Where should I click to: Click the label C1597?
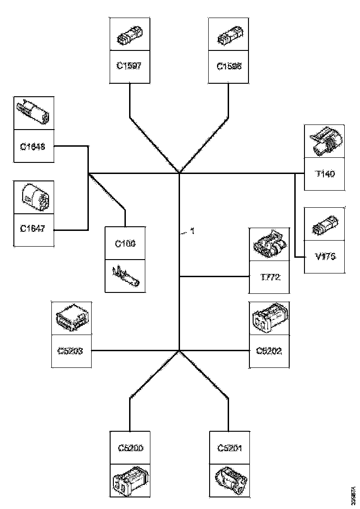[129, 66]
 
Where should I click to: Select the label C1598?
[229, 66]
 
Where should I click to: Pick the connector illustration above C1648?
[33, 113]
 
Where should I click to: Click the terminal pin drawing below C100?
[125, 276]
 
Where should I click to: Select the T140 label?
[324, 174]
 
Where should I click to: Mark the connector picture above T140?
[324, 142]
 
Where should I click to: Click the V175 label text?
[324, 257]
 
